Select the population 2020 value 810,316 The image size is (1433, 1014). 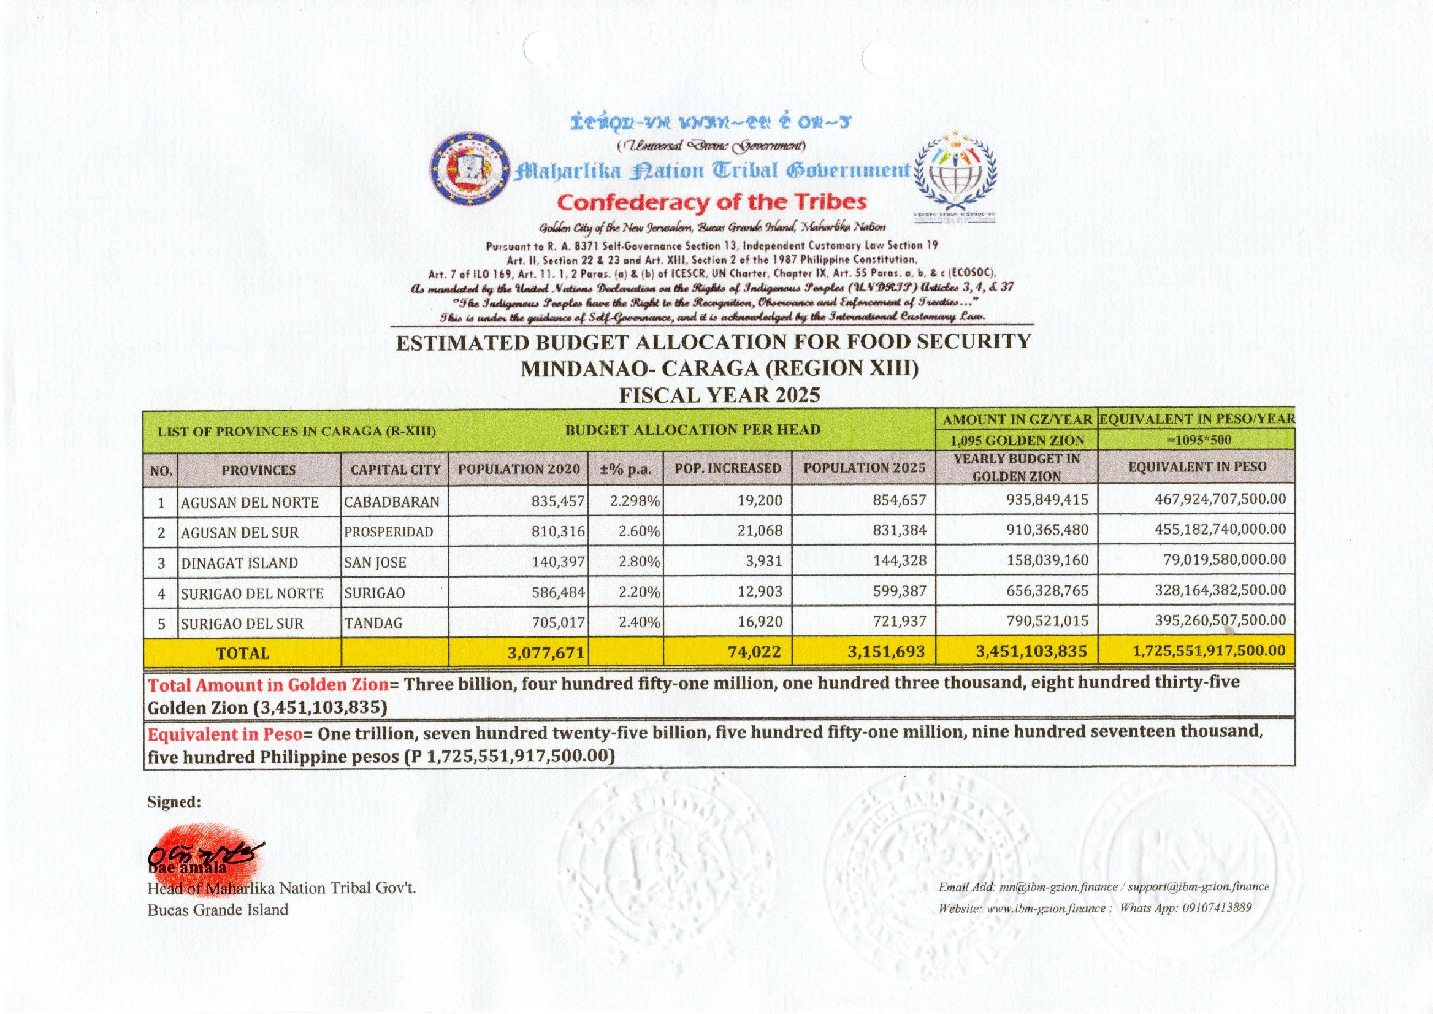tap(558, 532)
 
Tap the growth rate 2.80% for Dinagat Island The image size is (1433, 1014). tap(639, 562)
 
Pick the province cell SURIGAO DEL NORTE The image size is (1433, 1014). tap(252, 593)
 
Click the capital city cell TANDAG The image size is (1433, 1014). tap(373, 622)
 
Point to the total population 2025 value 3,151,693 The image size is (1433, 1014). tap(887, 652)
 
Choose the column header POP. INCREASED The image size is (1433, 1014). tap(727, 468)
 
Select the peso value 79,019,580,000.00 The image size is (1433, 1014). tap(1225, 560)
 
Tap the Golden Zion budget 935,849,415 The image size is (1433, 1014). tap(1047, 500)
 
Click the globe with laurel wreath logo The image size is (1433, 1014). tap(955, 172)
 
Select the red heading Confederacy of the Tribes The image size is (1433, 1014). tap(711, 202)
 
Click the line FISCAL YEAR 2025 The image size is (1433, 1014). tap(719, 395)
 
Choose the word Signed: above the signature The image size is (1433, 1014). tap(174, 802)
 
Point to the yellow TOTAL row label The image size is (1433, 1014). tap(242, 653)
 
